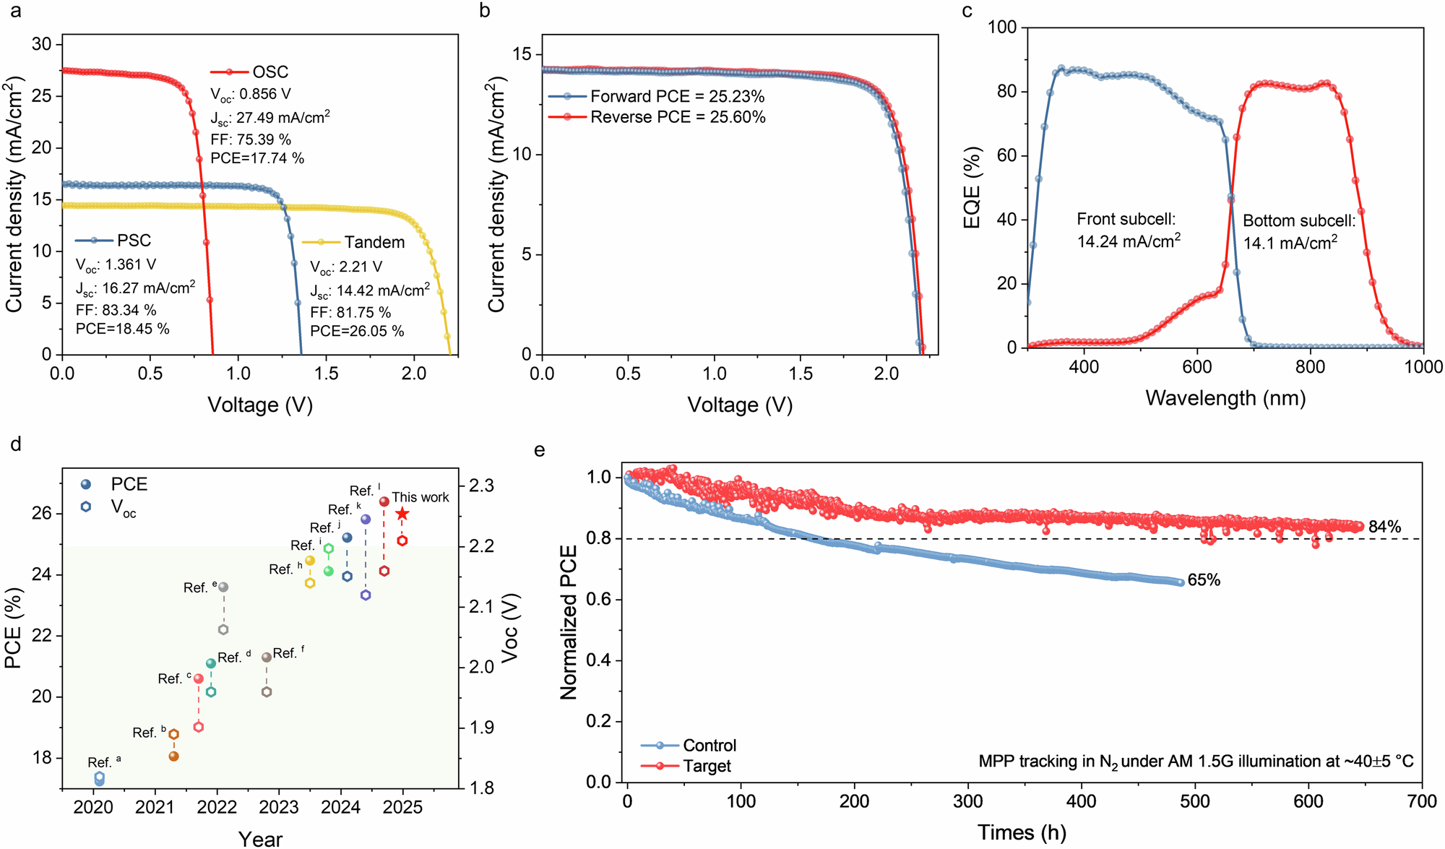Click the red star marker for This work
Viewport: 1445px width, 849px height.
pyautogui.click(x=402, y=514)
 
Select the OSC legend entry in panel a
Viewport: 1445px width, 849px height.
pyautogui.click(x=269, y=72)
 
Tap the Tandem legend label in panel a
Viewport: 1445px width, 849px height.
pyautogui.click(x=374, y=242)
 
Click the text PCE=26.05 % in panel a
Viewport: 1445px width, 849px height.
pyautogui.click(x=357, y=331)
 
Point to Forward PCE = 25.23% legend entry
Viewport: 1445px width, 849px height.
pyautogui.click(x=677, y=96)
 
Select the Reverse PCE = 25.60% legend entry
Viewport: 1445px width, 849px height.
pyautogui.click(x=677, y=117)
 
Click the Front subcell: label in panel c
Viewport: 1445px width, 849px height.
pyautogui.click(x=1126, y=219)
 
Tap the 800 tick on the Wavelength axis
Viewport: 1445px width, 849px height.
pyautogui.click(x=1309, y=367)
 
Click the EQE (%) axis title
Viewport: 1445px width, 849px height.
pyautogui.click(x=972, y=188)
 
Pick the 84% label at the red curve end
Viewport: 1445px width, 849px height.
pyautogui.click(x=1384, y=527)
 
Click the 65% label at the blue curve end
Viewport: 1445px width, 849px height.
pyautogui.click(x=1204, y=580)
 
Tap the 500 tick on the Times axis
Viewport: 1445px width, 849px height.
pyautogui.click(x=1195, y=801)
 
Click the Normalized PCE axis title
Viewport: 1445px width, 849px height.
pyautogui.click(x=569, y=621)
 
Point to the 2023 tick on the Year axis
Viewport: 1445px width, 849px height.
pyautogui.click(x=279, y=807)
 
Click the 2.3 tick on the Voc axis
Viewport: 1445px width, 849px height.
pyautogui.click(x=481, y=486)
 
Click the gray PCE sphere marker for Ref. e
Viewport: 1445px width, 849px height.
pyautogui.click(x=223, y=587)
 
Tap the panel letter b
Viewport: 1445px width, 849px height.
pyautogui.click(x=485, y=10)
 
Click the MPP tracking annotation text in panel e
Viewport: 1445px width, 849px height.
pyautogui.click(x=1196, y=761)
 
